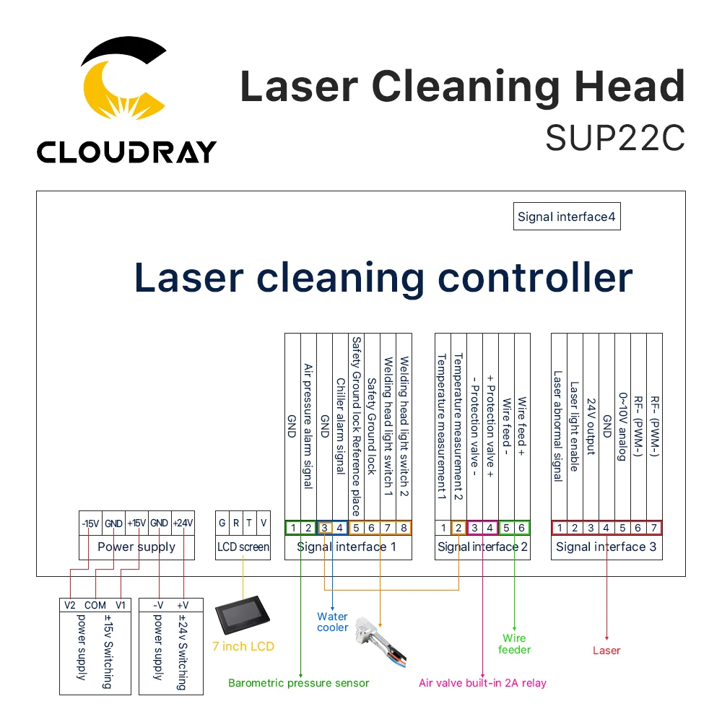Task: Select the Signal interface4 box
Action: pos(567,217)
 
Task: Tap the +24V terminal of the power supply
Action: pos(183,523)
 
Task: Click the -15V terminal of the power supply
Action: pos(90,523)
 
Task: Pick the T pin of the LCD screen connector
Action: pos(249,523)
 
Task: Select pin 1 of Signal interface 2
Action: pos(443,528)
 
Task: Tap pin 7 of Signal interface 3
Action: pos(653,528)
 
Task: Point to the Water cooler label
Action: pos(332,622)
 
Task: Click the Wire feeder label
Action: pos(514,643)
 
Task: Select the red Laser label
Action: pos(606,651)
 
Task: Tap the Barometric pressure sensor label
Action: pos(298,683)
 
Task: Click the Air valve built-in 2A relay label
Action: pos(482,683)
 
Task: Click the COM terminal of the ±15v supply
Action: pos(95,605)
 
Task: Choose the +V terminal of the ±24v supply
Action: pos(182,605)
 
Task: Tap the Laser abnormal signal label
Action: pos(557,426)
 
